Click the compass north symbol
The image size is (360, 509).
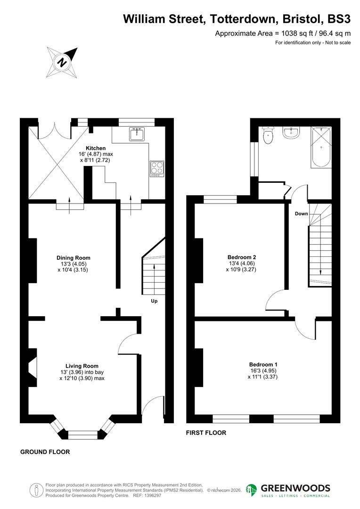click(62, 62)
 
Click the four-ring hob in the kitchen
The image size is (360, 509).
click(157, 169)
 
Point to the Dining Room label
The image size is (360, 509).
click(73, 258)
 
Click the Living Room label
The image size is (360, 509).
click(82, 366)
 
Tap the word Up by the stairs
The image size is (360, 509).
click(154, 301)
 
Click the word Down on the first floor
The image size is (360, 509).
click(302, 213)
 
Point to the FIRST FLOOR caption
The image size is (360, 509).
click(206, 433)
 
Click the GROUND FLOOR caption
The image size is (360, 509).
click(45, 452)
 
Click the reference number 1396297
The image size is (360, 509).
click(151, 496)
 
